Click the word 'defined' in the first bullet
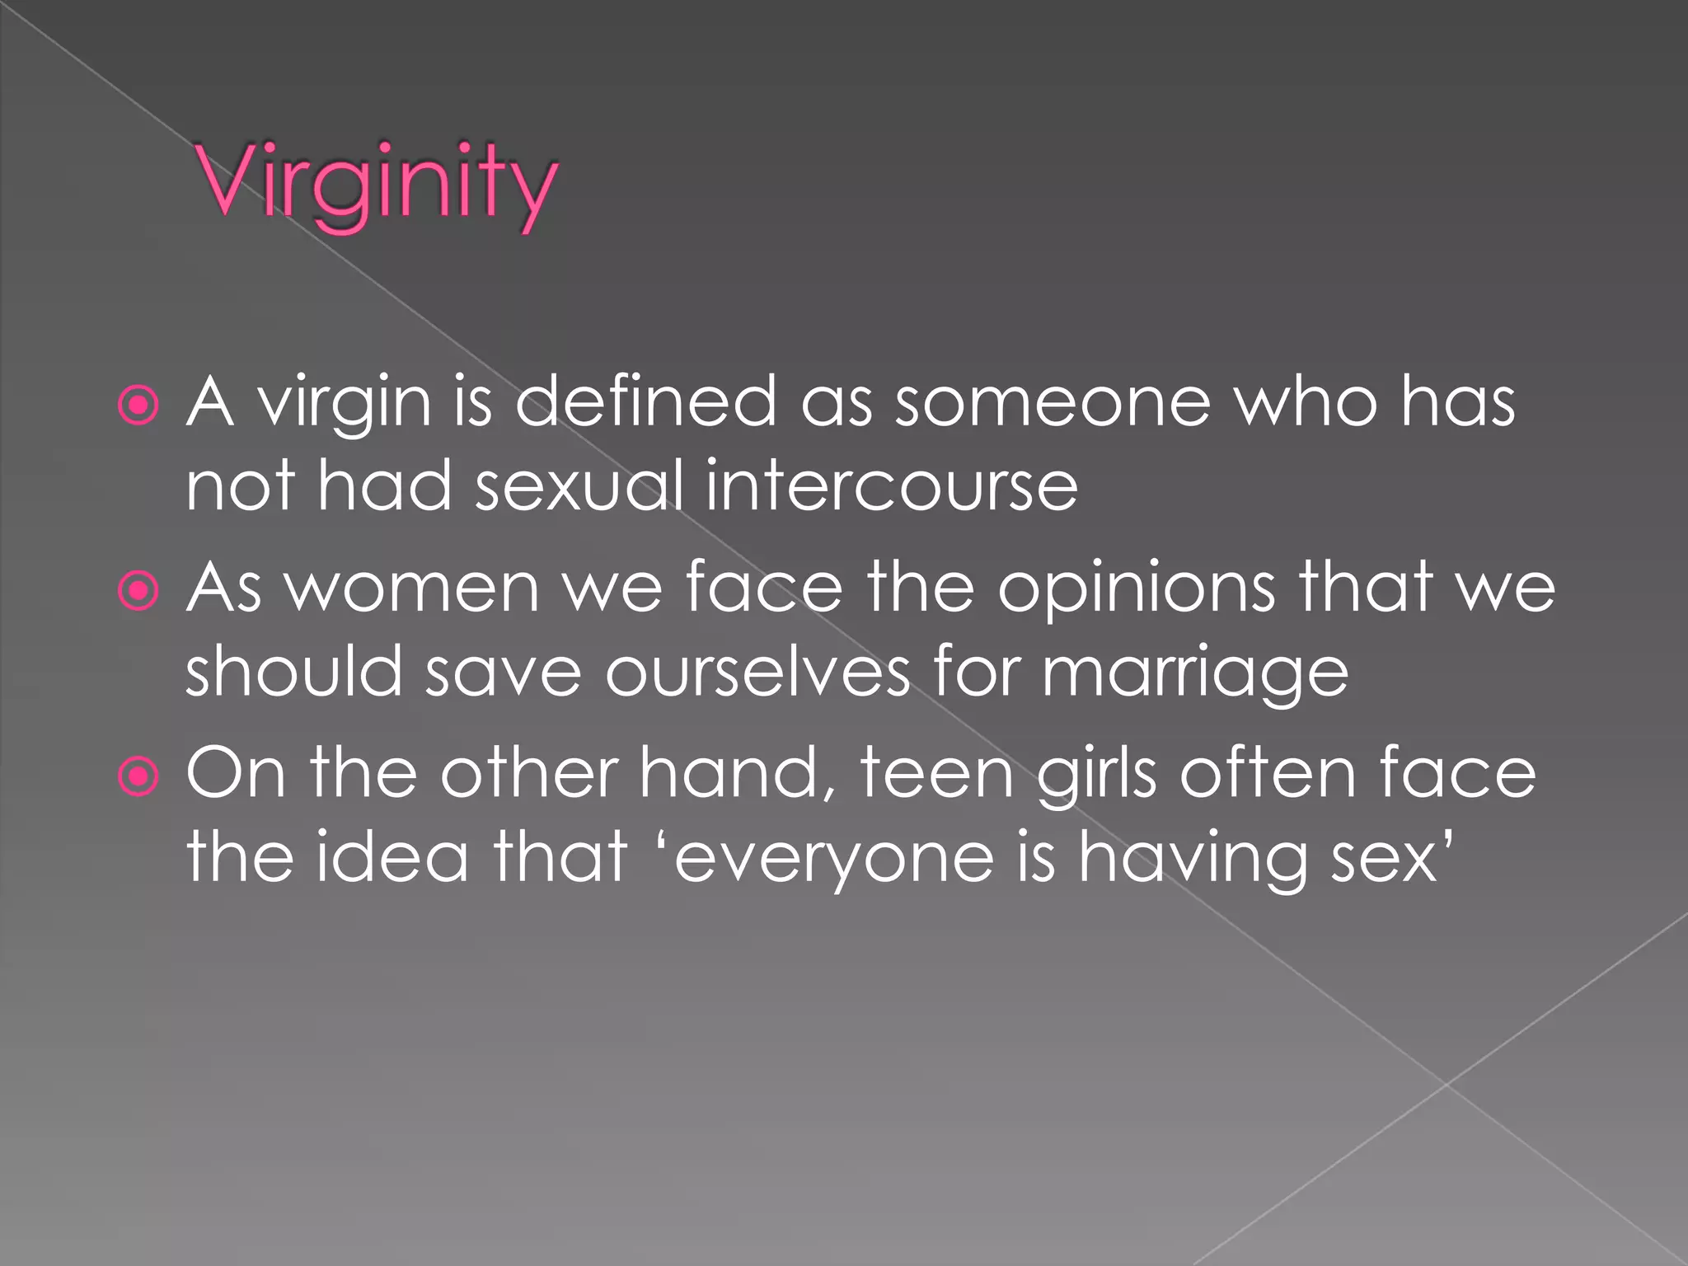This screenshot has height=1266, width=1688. click(645, 402)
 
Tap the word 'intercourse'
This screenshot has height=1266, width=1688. click(891, 486)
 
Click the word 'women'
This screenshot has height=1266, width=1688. click(412, 588)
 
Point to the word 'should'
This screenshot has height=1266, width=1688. click(293, 671)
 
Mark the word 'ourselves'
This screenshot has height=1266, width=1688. click(757, 673)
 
